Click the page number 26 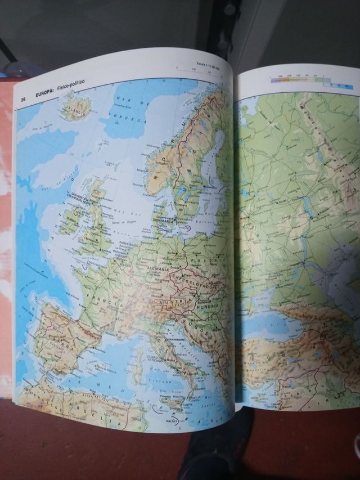pyautogui.click(x=24, y=100)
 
